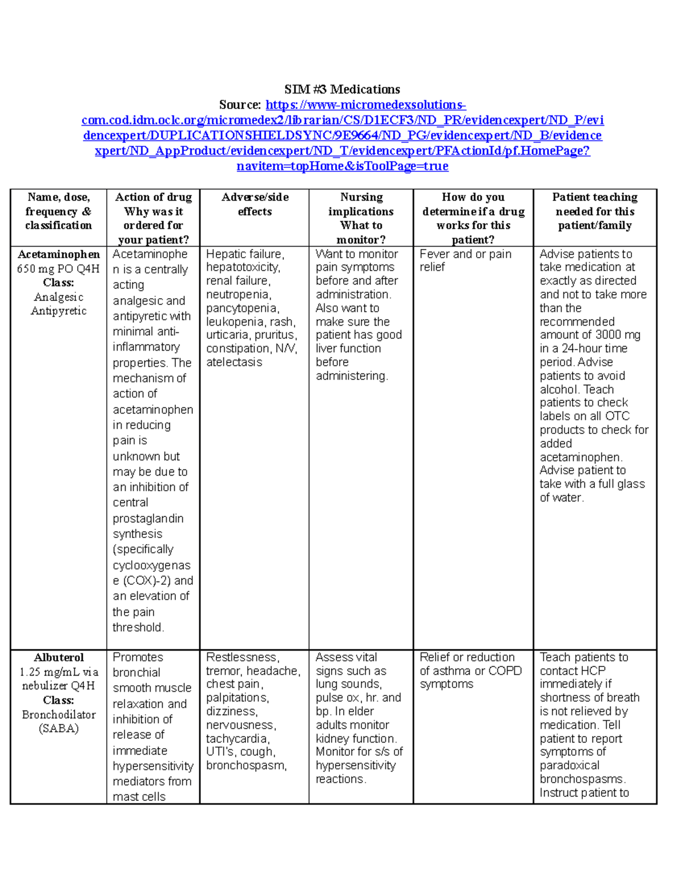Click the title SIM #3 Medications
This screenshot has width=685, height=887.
pos(342,90)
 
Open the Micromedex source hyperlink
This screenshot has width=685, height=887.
pos(342,135)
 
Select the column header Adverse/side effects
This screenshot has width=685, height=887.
pos(255,204)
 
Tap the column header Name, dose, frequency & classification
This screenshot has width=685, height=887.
pos(58,211)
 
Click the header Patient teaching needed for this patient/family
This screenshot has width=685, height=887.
pos(595,211)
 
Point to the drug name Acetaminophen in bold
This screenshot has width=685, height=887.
pos(58,254)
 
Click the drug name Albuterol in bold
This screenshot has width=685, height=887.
pos(58,657)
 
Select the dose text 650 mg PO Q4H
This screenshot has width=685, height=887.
pos(58,268)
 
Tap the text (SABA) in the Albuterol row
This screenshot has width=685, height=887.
pos(58,728)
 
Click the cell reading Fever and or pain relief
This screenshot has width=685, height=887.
pos(465,260)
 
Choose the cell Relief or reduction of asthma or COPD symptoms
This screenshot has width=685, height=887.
pos(470,671)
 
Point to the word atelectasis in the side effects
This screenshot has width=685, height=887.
pos(234,362)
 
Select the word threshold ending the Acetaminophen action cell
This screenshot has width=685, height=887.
pos(138,627)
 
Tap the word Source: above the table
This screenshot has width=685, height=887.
pos(240,105)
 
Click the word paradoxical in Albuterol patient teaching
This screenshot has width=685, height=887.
pos(570,765)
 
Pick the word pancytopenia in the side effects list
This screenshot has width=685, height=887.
pos(242,308)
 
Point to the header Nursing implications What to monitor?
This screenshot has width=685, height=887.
pos(361,218)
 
